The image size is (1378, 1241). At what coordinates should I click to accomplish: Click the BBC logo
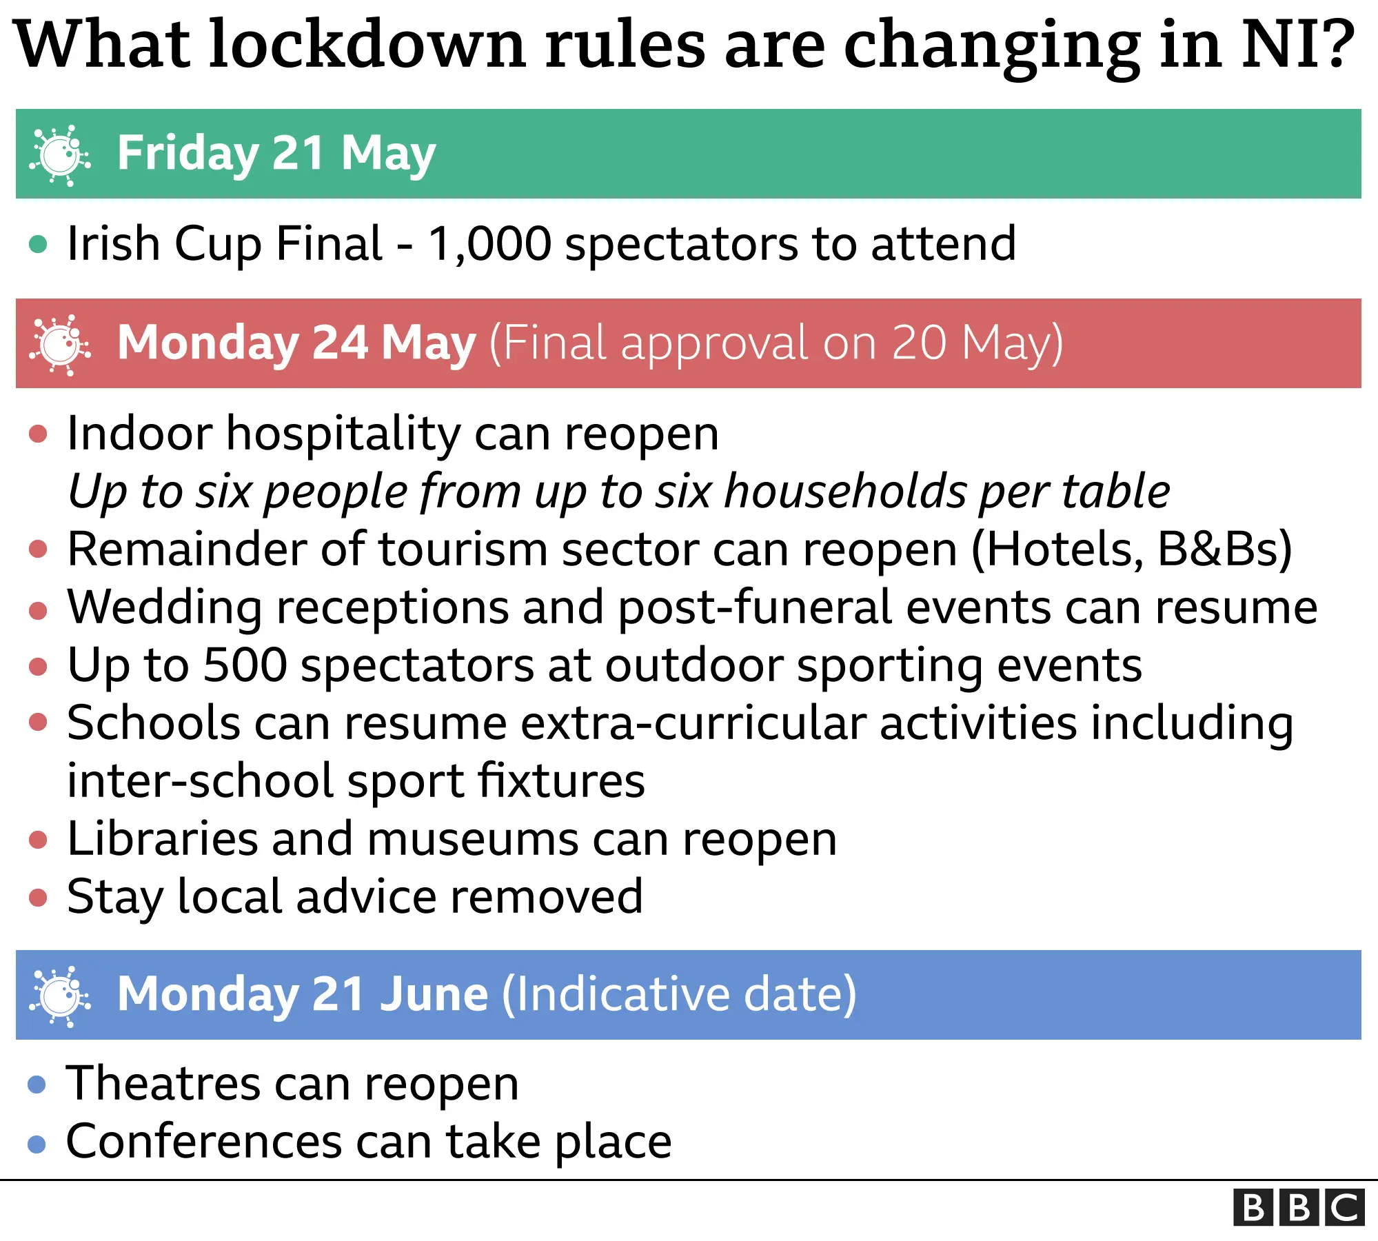point(1299,1207)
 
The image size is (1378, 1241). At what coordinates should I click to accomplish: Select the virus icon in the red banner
point(60,345)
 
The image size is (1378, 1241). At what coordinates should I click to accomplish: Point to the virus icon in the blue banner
point(60,996)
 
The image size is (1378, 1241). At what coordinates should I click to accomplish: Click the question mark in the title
point(1337,45)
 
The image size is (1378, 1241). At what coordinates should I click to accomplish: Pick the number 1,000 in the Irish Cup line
point(489,244)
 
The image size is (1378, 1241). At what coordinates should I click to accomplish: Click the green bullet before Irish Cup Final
point(38,244)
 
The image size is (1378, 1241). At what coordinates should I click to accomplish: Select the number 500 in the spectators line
point(245,666)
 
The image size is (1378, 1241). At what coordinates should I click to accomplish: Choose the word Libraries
point(163,839)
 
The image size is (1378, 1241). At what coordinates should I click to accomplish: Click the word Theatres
point(163,1083)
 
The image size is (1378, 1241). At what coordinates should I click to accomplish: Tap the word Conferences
point(204,1142)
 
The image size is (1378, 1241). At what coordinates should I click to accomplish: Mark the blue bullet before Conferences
point(37,1144)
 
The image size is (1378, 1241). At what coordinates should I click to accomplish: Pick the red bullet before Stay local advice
point(38,898)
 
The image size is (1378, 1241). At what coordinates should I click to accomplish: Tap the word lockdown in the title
point(367,45)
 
